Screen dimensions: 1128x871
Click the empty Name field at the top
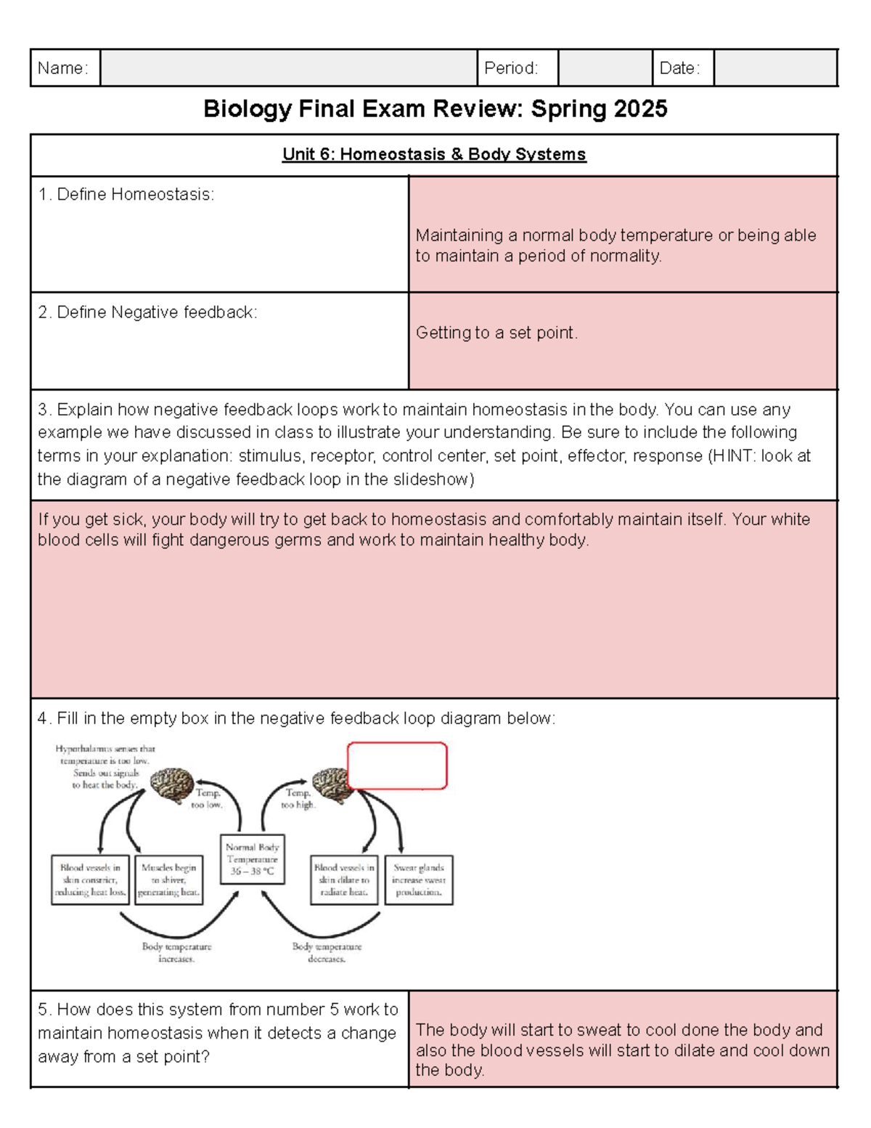click(x=288, y=68)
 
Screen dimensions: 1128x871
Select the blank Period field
click(x=605, y=68)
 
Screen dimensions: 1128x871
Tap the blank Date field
click(x=774, y=68)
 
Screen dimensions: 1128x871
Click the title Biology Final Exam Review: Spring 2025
click(x=435, y=109)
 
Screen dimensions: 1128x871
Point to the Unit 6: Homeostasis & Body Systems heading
click(x=434, y=155)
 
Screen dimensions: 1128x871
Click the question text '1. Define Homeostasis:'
click(x=126, y=195)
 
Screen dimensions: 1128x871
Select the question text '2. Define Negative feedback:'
click(x=147, y=312)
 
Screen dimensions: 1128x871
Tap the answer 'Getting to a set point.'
click(x=496, y=333)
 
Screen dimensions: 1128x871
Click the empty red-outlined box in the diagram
click(x=397, y=766)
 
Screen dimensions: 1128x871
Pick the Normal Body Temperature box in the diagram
click(x=252, y=859)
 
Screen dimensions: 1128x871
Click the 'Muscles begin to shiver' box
click(x=169, y=880)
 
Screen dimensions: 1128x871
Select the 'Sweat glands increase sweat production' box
click(x=419, y=880)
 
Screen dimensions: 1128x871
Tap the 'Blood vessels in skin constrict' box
click(x=90, y=880)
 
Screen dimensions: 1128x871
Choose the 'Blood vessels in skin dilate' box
click(x=344, y=880)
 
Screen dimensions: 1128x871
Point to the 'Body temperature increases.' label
click(x=176, y=952)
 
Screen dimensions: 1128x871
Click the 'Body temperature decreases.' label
click(x=327, y=952)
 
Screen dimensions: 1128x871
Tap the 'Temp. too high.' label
click(x=298, y=798)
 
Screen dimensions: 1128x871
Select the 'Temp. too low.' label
click(x=207, y=798)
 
